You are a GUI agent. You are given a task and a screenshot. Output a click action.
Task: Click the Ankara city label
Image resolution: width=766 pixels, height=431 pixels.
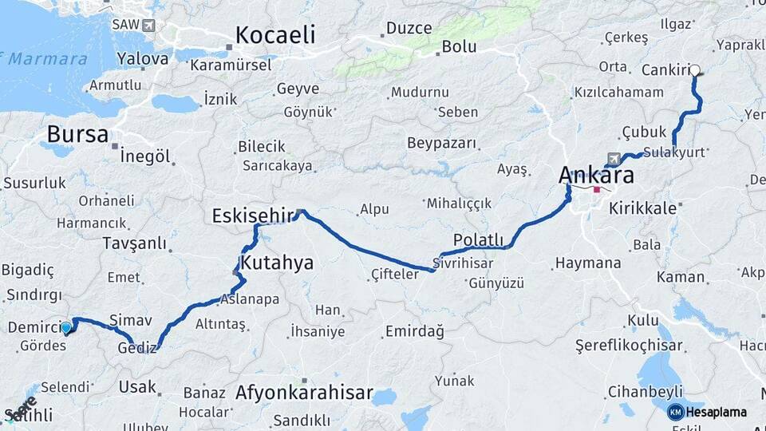596,175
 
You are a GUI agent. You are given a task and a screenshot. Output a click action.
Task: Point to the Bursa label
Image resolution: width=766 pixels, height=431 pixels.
77,133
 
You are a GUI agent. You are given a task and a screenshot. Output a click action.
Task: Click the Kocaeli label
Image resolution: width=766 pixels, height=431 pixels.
275,35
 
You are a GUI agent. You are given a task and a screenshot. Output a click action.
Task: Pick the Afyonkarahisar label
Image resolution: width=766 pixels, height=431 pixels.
304,393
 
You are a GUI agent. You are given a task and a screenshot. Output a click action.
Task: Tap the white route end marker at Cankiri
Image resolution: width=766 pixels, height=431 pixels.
695,70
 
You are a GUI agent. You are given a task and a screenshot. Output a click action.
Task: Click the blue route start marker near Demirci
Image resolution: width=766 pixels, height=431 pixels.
66,326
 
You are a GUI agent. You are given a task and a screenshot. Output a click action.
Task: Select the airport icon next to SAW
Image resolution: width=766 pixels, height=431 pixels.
148,25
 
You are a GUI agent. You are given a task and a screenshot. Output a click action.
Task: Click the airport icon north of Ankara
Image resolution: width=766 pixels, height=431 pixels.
612,157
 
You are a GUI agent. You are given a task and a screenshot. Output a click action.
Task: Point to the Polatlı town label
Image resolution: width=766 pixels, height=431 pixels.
478,239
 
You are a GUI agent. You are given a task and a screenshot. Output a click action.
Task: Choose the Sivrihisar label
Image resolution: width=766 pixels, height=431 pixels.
464,262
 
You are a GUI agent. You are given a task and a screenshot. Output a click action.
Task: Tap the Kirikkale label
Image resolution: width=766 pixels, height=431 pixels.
642,208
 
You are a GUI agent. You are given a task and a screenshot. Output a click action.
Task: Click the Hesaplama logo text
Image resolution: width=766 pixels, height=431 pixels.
716,413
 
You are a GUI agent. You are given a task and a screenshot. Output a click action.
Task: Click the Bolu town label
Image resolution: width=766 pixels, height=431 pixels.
459,47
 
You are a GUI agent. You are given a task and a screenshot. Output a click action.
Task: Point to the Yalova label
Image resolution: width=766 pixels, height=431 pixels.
143,58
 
